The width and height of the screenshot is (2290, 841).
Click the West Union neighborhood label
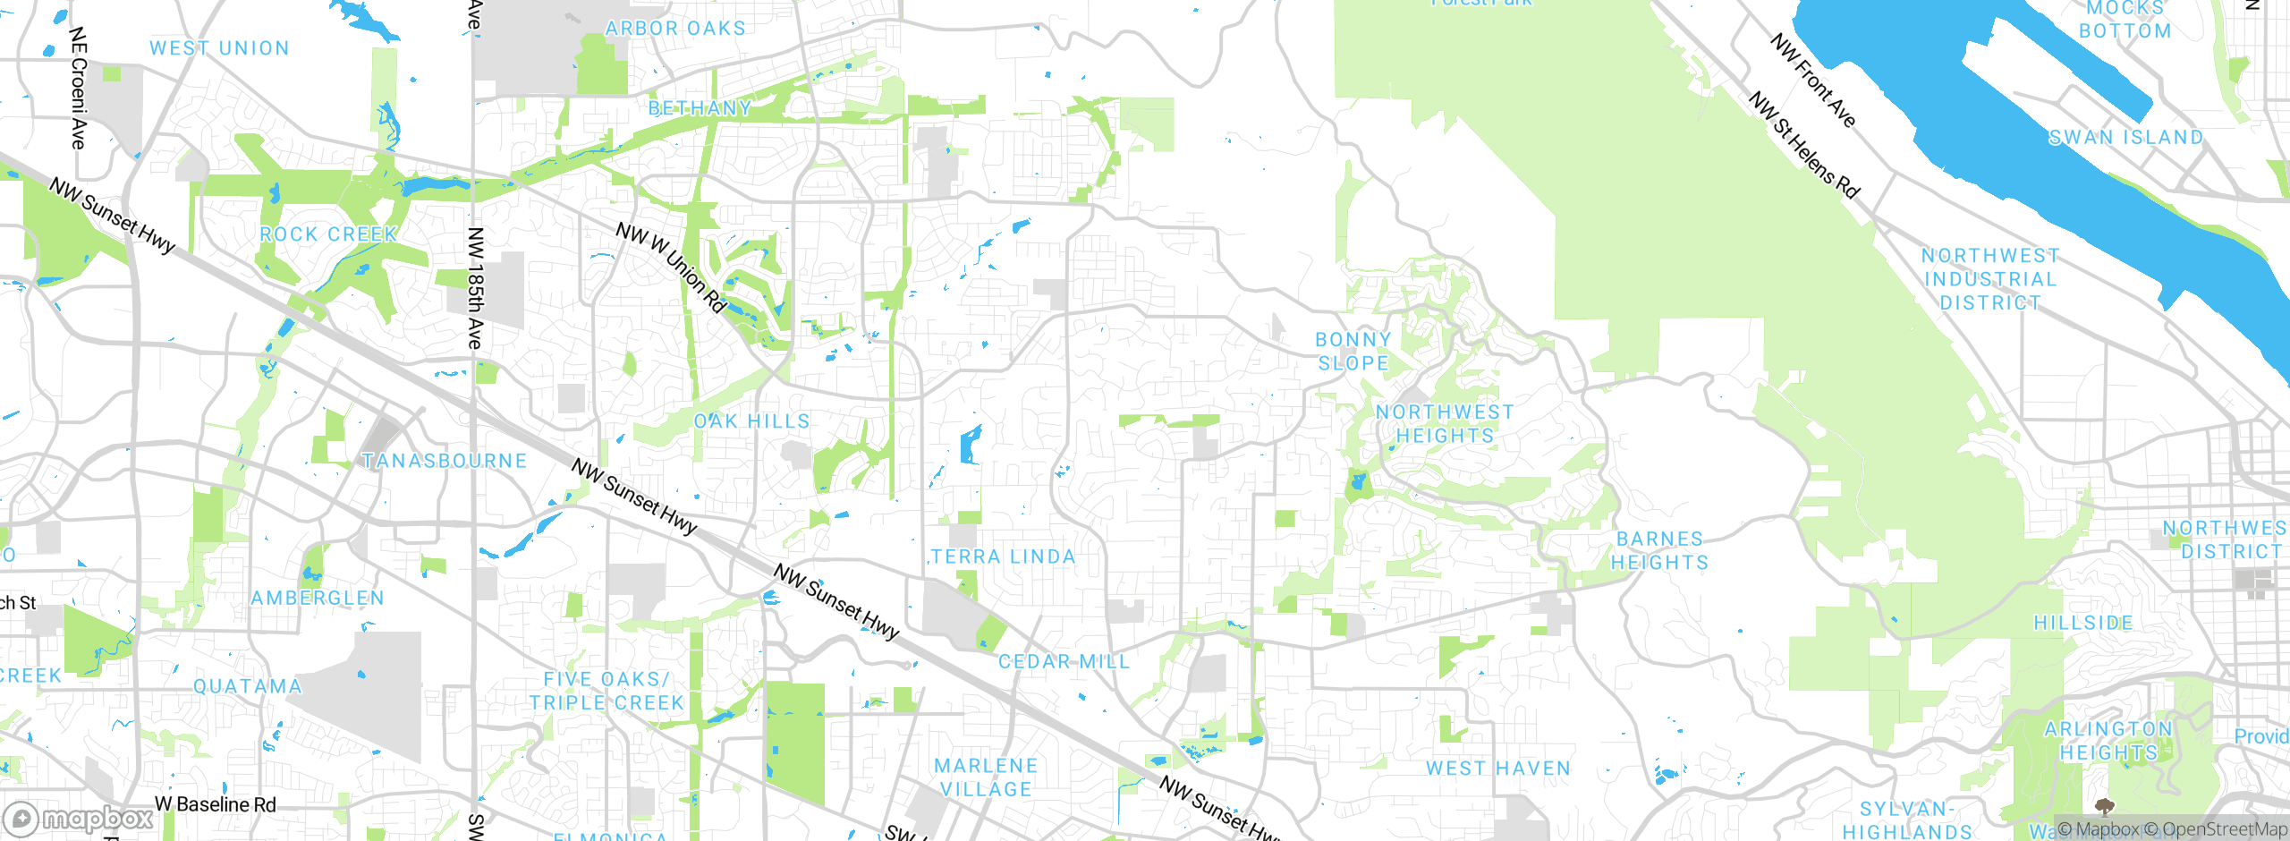click(x=219, y=48)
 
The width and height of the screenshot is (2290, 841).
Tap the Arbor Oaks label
click(x=675, y=29)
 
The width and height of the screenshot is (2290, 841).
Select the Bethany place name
click(x=700, y=108)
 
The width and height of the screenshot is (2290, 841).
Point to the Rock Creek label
click(x=328, y=234)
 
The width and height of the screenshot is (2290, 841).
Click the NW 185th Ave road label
click(x=475, y=288)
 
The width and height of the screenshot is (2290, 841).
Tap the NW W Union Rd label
click(x=671, y=268)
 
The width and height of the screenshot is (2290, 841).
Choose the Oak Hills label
click(x=751, y=421)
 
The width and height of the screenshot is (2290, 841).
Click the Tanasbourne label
click(x=445, y=461)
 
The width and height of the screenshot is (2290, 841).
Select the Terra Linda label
click(x=1003, y=556)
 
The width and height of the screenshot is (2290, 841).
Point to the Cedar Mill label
click(x=1064, y=661)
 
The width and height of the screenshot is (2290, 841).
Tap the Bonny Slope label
click(x=1353, y=352)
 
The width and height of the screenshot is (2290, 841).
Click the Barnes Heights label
click(x=1659, y=550)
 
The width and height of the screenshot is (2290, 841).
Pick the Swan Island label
click(x=2125, y=138)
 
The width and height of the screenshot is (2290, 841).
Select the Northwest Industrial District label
click(x=1990, y=279)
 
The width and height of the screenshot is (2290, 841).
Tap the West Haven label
click(x=1498, y=769)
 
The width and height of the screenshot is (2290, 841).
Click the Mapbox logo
click(x=79, y=819)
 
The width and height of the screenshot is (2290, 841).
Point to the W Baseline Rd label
click(x=216, y=804)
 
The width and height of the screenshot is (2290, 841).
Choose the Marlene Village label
click(x=986, y=777)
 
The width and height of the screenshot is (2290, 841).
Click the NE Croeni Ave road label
click(x=79, y=88)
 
